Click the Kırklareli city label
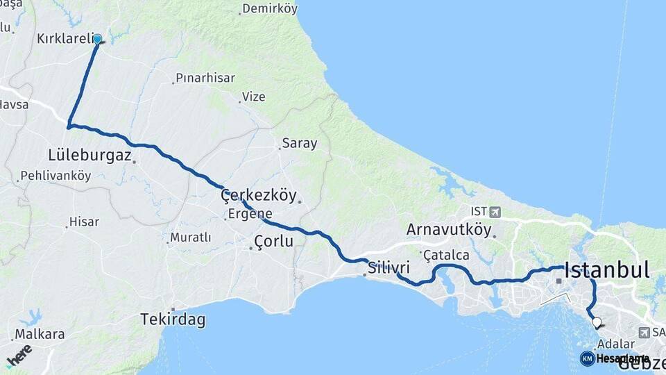[x=64, y=39]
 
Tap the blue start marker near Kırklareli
[x=97, y=40]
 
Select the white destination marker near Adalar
[x=597, y=322]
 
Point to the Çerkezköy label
[x=258, y=196]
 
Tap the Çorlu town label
[x=273, y=242]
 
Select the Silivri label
[x=389, y=267]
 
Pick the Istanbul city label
[x=607, y=269]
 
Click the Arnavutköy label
[x=449, y=229]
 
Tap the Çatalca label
[x=446, y=255]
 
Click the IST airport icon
[x=494, y=212]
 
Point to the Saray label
[x=299, y=144]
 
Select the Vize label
[x=253, y=97]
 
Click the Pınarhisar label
[x=205, y=78]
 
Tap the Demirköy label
[x=271, y=9]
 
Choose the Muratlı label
[x=190, y=237]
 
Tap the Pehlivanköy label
[x=55, y=176]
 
